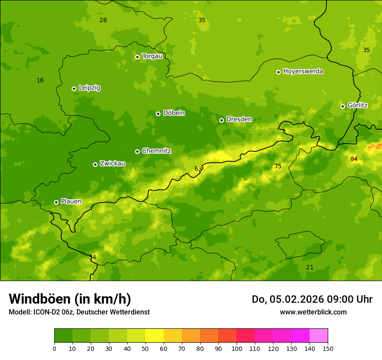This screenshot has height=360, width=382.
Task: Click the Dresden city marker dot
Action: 221,120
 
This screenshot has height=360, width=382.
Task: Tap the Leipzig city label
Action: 89,88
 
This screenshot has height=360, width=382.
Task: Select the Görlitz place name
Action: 357,105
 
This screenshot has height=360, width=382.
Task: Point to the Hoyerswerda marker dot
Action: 278,72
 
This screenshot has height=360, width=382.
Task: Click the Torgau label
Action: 152,56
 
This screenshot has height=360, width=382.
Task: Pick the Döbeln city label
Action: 174,113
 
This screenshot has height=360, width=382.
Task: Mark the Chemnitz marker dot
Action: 137,151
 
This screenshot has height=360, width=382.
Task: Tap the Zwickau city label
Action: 112,164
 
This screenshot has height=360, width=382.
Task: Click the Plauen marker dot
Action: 56,202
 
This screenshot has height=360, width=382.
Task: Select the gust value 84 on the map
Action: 354,159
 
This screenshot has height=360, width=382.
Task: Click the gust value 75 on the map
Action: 278,167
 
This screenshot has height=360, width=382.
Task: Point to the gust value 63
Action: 198,169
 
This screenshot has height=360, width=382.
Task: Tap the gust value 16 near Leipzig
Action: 40,81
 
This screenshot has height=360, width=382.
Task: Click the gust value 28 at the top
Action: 103,20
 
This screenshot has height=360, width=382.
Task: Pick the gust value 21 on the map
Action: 310,268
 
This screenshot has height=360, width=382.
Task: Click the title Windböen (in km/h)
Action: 70,299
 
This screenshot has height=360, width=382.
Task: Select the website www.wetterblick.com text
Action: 313,312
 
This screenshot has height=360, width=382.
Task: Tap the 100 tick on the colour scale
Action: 237,348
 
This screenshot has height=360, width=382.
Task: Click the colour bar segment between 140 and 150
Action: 319,335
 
